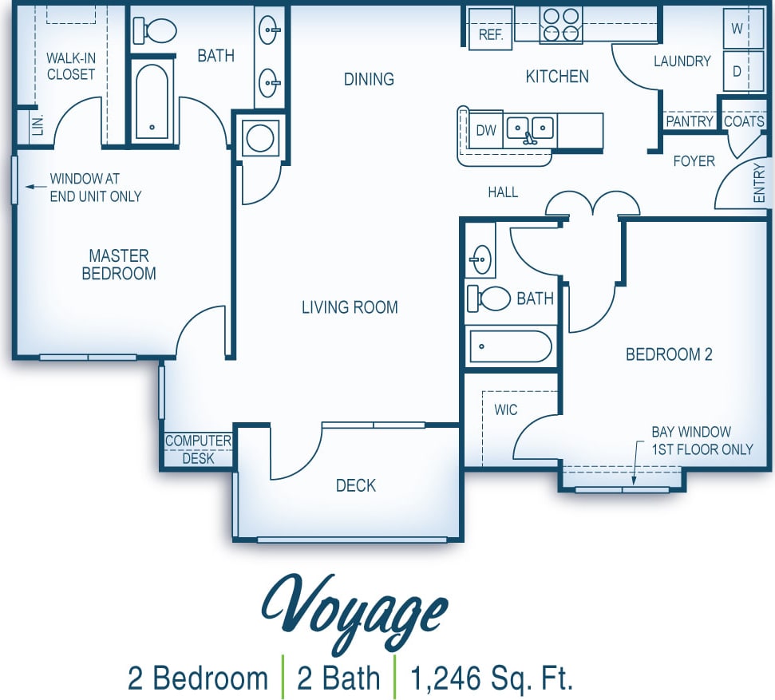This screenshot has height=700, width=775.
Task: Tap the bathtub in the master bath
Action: pyautogui.click(x=152, y=101)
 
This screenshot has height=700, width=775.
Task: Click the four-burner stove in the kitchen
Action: pyautogui.click(x=561, y=25)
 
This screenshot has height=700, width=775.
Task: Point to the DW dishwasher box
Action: pyautogui.click(x=486, y=130)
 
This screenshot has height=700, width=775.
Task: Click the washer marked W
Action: pyautogui.click(x=737, y=29)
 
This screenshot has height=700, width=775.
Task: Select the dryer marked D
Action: pyautogui.click(x=737, y=71)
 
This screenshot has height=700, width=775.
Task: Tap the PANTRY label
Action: pyautogui.click(x=689, y=121)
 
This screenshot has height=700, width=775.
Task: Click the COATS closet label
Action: pyautogui.click(x=743, y=121)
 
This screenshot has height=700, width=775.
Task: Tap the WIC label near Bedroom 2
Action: pyautogui.click(x=505, y=409)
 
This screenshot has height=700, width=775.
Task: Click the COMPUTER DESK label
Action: pyautogui.click(x=198, y=449)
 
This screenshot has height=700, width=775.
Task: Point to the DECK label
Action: pyautogui.click(x=355, y=485)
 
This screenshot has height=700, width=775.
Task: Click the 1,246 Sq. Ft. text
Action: pyautogui.click(x=492, y=678)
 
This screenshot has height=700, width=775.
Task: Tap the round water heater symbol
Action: pyautogui.click(x=260, y=137)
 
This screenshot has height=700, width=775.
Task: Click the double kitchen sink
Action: pyautogui.click(x=530, y=129)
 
